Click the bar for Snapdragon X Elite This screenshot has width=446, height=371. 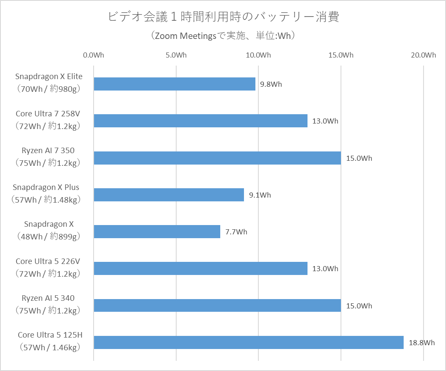click(174, 84)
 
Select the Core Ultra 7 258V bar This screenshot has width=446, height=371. click(200, 121)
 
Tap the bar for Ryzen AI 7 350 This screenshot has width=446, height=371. click(217, 158)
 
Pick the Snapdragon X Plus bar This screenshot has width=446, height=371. click(169, 195)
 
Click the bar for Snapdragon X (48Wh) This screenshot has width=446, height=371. click(157, 231)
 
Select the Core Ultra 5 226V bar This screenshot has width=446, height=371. click(200, 269)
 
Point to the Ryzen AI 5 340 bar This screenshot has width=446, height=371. click(217, 305)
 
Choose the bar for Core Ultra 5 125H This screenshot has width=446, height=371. click(248, 342)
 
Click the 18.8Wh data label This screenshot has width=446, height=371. click(421, 343)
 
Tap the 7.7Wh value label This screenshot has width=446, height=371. click(236, 232)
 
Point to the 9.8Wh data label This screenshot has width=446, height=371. click(271, 84)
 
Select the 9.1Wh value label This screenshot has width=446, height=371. click(260, 195)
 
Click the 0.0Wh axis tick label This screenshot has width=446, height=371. click(94, 55)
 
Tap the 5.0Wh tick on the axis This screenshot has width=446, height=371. click(176, 55)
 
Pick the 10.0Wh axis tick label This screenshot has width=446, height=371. click(258, 55)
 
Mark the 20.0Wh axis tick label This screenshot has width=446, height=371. click(423, 55)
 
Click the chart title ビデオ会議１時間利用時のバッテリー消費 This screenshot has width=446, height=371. click(223, 17)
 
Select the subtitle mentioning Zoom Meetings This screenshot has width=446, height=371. click(223, 36)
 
